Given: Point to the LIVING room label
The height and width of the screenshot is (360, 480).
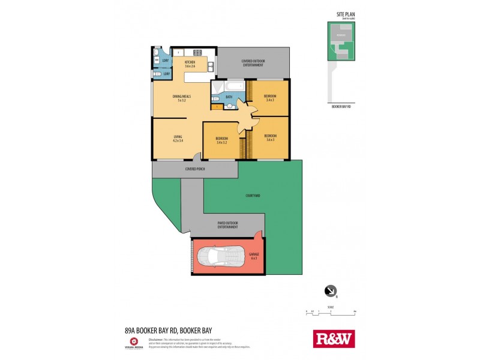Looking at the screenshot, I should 178,138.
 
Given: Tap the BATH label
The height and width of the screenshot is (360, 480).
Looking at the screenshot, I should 229,97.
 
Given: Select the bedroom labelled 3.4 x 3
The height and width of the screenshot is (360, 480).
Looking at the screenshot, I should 269,98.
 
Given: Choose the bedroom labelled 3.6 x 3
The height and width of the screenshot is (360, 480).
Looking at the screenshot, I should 269,137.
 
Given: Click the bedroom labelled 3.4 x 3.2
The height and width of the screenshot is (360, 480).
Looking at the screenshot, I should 221,140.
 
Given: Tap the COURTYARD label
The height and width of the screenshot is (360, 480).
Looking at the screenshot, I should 253,196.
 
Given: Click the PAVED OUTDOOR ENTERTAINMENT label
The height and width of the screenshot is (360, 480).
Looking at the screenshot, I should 228,226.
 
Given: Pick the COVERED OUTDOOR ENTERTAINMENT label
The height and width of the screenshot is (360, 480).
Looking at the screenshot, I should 253,63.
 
